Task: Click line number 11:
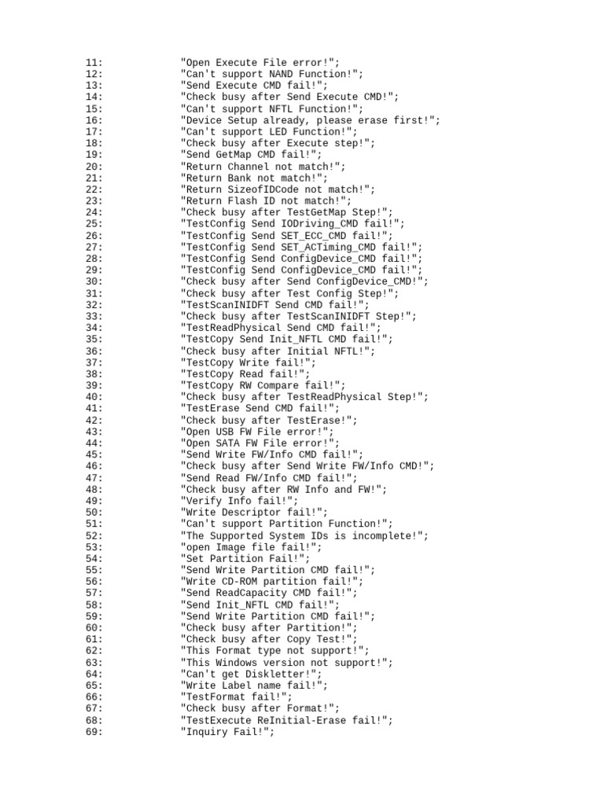tap(94, 63)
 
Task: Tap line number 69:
tap(94, 732)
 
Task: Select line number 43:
tap(94, 432)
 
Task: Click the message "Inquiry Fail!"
tap(228, 732)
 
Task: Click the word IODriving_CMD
tap(319, 224)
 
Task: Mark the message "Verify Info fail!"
tap(240, 501)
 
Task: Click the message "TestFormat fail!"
tap(237, 697)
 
